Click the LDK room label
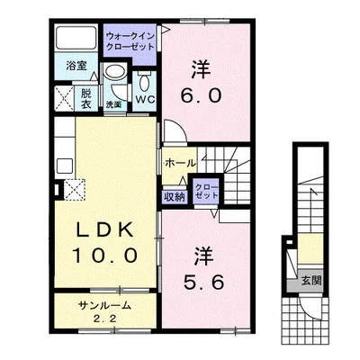pyautogui.click(x=105, y=230)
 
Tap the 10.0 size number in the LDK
pyautogui.click(x=105, y=256)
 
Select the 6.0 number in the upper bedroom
pyautogui.click(x=202, y=95)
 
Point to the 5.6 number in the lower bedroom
pyautogui.click(x=203, y=282)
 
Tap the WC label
pyautogui.click(x=145, y=99)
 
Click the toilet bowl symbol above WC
pyautogui.click(x=145, y=82)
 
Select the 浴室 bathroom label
pyautogui.click(x=76, y=66)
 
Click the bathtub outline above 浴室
pyautogui.click(x=76, y=38)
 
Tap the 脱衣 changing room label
pyautogui.click(x=85, y=99)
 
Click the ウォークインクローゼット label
pyautogui.click(x=130, y=41)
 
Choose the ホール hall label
pyautogui.click(x=180, y=164)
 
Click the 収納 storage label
pyautogui.click(x=175, y=197)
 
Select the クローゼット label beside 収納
pyautogui.click(x=207, y=191)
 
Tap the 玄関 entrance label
pyautogui.click(x=311, y=281)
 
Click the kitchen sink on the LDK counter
pyautogui.click(x=65, y=166)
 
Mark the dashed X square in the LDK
pyautogui.click(x=75, y=189)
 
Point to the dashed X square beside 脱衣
pyautogui.click(x=65, y=98)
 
